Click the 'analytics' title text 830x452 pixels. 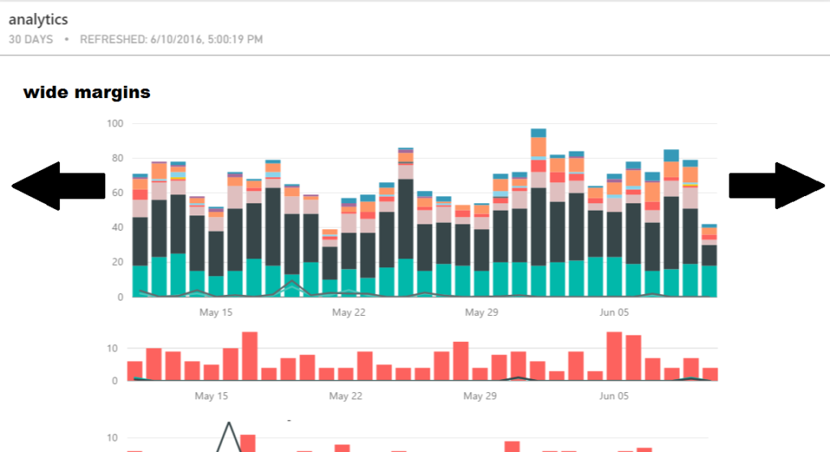(x=38, y=19)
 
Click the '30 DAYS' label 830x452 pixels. (x=31, y=39)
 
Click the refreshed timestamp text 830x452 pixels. (x=171, y=39)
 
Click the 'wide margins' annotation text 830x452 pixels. (x=87, y=92)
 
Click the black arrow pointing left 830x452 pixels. (x=58, y=185)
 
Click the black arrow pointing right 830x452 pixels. (x=777, y=185)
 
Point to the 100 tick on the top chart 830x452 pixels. (x=114, y=123)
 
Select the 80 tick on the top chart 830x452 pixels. (x=117, y=158)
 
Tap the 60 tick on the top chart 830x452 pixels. (x=117, y=193)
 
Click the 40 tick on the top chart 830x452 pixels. (x=117, y=228)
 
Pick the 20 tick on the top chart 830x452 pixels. (x=117, y=262)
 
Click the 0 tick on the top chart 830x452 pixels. (x=119, y=297)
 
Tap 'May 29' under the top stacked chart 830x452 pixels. (x=481, y=312)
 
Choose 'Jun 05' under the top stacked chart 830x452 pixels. (x=615, y=312)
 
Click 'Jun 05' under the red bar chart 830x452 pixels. (x=614, y=396)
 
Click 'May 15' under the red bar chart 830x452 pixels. (x=211, y=396)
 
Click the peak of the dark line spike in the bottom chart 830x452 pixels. (x=229, y=423)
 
